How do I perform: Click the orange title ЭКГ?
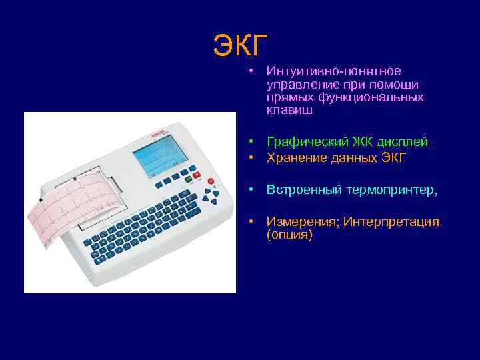[240, 45]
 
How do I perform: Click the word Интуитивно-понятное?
[333, 71]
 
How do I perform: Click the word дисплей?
[404, 142]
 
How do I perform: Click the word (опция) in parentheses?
[289, 235]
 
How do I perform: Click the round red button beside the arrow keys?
[211, 181]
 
